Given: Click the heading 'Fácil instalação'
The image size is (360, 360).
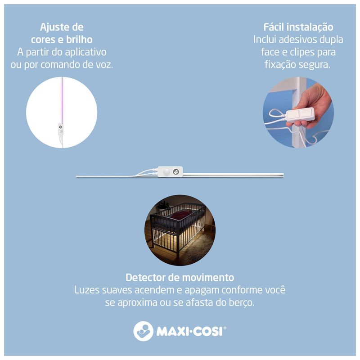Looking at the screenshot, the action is [298, 27].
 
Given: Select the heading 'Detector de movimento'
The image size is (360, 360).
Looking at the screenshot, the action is [180, 277].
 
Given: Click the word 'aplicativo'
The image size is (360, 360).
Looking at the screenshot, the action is [85, 52].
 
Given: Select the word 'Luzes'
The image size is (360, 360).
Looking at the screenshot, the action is [87, 290].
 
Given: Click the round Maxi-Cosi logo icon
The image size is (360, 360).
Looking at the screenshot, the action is [143, 331].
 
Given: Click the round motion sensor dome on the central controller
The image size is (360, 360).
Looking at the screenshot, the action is [167, 172].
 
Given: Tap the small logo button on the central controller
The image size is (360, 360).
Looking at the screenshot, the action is [176, 172].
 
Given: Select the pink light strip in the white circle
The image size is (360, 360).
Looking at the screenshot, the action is [62, 100].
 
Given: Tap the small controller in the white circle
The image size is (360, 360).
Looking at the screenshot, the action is [60, 129].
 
